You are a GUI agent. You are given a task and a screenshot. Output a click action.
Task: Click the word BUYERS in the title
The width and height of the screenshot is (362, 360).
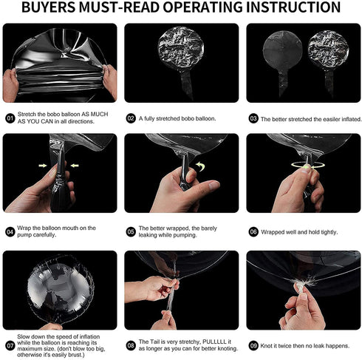48,7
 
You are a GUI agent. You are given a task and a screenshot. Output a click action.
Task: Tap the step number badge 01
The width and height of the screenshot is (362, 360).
10,118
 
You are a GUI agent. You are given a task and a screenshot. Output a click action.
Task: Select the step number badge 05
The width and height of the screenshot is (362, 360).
131,232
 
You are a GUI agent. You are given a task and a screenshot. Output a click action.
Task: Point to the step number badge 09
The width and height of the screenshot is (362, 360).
253,345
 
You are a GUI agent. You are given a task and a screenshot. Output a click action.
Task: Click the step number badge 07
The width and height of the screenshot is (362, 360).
10,345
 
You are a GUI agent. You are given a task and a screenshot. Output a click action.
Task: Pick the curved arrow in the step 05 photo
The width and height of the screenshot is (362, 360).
200,166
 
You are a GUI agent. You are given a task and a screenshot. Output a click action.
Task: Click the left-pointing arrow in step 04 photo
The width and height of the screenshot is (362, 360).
75,166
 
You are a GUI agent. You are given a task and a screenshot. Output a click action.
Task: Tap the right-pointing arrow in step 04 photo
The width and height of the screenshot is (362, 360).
43,166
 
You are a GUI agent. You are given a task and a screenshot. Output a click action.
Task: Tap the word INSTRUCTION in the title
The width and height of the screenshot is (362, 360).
293,7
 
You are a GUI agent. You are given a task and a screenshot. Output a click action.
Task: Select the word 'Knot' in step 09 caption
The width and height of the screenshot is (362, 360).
266,346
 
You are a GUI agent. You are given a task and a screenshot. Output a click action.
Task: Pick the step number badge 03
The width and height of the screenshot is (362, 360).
253,118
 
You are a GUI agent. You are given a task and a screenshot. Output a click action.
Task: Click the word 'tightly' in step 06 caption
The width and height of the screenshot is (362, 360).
329,232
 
